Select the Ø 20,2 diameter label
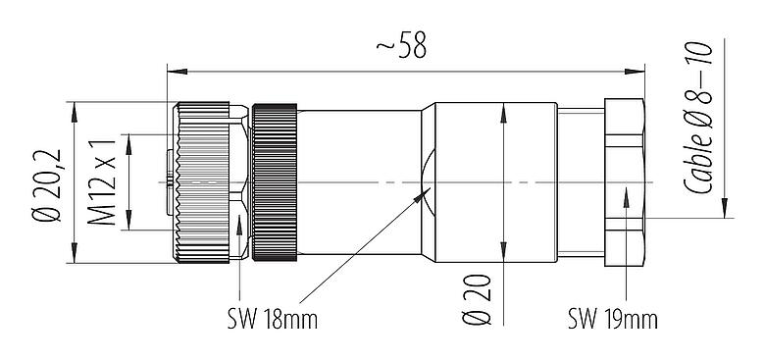(x=45, y=182)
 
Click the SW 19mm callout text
(x=612, y=320)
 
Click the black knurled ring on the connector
(x=275, y=182)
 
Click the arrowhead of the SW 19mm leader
(x=626, y=197)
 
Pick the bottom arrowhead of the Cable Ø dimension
(x=724, y=209)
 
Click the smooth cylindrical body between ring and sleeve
(x=358, y=182)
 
